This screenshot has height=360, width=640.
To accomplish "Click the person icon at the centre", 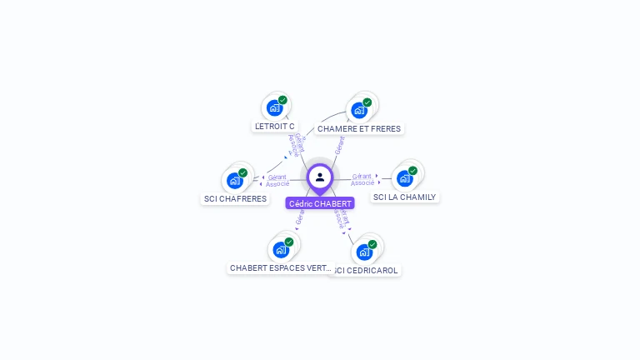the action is click(320, 177).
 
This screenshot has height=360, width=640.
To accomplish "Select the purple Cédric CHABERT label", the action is click(320, 203).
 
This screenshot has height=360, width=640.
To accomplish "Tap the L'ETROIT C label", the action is click(275, 127).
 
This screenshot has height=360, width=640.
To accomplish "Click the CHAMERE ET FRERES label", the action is click(359, 129).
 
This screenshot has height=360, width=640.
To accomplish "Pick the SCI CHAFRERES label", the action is click(236, 199).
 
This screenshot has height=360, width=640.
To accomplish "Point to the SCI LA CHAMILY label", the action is click(404, 197).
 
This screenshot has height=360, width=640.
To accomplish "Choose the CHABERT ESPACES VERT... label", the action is click(281, 268).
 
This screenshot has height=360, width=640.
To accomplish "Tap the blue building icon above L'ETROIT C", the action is click(274, 107).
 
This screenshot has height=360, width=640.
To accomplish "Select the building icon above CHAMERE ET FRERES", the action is click(359, 110).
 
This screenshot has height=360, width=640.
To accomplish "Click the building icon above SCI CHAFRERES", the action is click(235, 180).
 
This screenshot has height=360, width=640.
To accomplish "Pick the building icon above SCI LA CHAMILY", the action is click(405, 177).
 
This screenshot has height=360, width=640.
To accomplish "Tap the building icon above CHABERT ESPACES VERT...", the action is click(281, 249).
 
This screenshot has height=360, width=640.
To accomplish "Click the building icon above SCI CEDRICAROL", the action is click(364, 252).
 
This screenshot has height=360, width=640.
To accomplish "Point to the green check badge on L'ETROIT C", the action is click(282, 100).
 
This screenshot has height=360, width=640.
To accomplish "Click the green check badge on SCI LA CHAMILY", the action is click(412, 171).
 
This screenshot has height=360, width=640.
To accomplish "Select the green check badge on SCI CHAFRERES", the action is click(242, 173).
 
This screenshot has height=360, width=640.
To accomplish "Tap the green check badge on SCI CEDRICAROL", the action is click(372, 244).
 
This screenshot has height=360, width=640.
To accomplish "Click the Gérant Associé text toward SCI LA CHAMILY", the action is click(362, 179).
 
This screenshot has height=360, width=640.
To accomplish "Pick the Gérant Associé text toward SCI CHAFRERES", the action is click(277, 180).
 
